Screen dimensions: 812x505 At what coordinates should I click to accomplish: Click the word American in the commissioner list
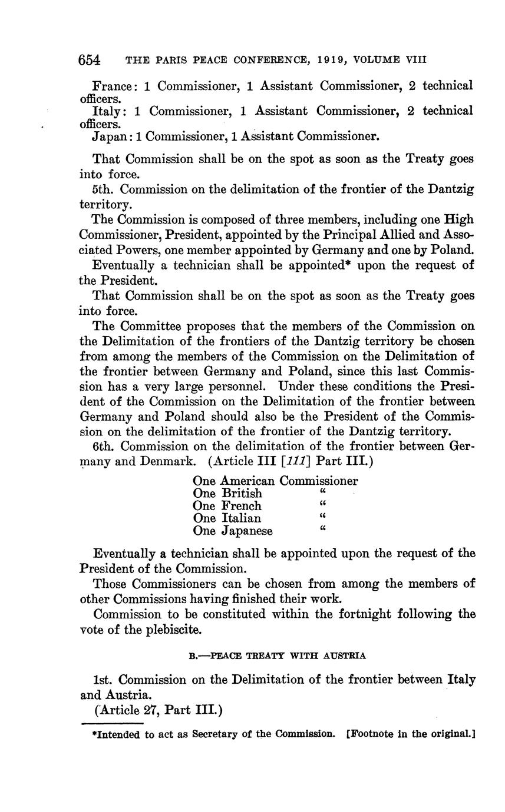[248, 481]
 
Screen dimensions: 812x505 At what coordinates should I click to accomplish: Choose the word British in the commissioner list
[242, 493]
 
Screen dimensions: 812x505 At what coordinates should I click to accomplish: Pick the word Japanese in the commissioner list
[247, 531]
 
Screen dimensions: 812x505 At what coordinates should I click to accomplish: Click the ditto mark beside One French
[322, 504]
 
